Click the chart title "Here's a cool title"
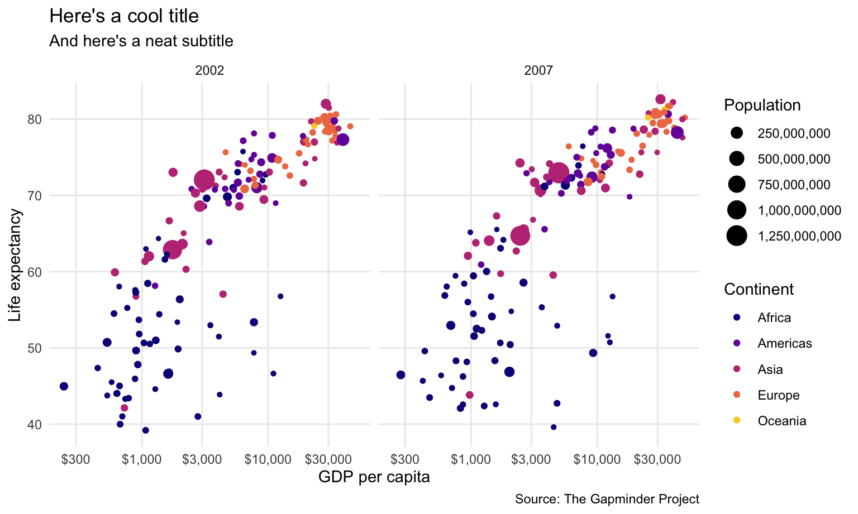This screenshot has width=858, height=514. click(x=124, y=16)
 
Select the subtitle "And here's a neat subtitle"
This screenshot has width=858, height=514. click(x=141, y=41)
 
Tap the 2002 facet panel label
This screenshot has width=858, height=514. click(x=209, y=71)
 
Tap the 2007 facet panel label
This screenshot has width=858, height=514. click(x=538, y=71)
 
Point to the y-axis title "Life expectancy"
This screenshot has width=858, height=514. click(x=15, y=265)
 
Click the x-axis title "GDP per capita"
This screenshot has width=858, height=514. click(x=374, y=477)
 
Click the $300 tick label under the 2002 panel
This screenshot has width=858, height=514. click(x=76, y=459)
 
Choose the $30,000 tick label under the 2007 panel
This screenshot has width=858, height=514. click(x=657, y=459)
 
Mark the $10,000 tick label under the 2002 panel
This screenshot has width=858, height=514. click(x=268, y=459)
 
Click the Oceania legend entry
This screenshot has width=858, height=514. click(x=781, y=421)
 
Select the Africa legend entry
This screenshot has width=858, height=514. click(x=774, y=318)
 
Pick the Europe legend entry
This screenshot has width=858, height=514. click(x=778, y=395)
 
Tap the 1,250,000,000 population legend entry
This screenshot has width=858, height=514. click(x=799, y=236)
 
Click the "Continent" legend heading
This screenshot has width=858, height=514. click(x=759, y=289)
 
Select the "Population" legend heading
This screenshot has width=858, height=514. click(x=762, y=105)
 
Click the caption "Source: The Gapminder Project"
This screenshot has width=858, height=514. click(x=607, y=499)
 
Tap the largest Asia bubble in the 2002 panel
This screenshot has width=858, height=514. click(x=204, y=180)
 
